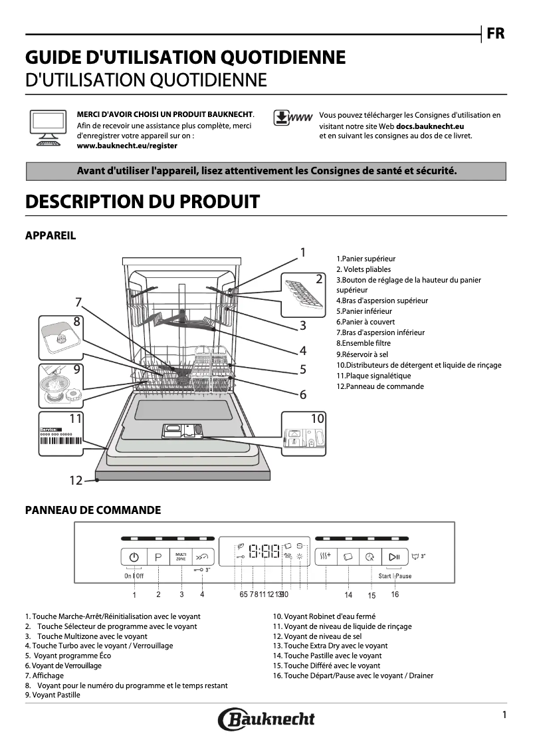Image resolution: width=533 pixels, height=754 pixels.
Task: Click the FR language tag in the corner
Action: tap(495, 33)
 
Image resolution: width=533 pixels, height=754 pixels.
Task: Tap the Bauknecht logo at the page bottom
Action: tap(266, 719)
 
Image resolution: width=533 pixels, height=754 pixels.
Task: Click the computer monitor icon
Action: tap(47, 126)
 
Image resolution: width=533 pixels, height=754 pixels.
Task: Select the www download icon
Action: tap(292, 118)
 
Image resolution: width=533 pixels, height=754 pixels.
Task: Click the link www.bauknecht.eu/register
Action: tap(127, 145)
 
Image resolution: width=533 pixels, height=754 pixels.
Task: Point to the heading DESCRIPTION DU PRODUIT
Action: tap(142, 201)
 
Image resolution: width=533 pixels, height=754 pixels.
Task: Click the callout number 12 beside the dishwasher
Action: tap(76, 480)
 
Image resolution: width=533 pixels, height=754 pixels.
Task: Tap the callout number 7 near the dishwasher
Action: tap(78, 302)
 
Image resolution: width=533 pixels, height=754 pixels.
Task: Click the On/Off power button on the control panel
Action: tap(134, 557)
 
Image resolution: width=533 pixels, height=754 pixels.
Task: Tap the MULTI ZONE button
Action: tap(181, 557)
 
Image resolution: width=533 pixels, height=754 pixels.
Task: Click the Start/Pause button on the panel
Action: tap(394, 557)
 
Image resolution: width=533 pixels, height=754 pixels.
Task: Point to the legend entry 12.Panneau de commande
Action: tap(379, 386)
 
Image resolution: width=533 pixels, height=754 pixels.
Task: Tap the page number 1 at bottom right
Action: tap(504, 715)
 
